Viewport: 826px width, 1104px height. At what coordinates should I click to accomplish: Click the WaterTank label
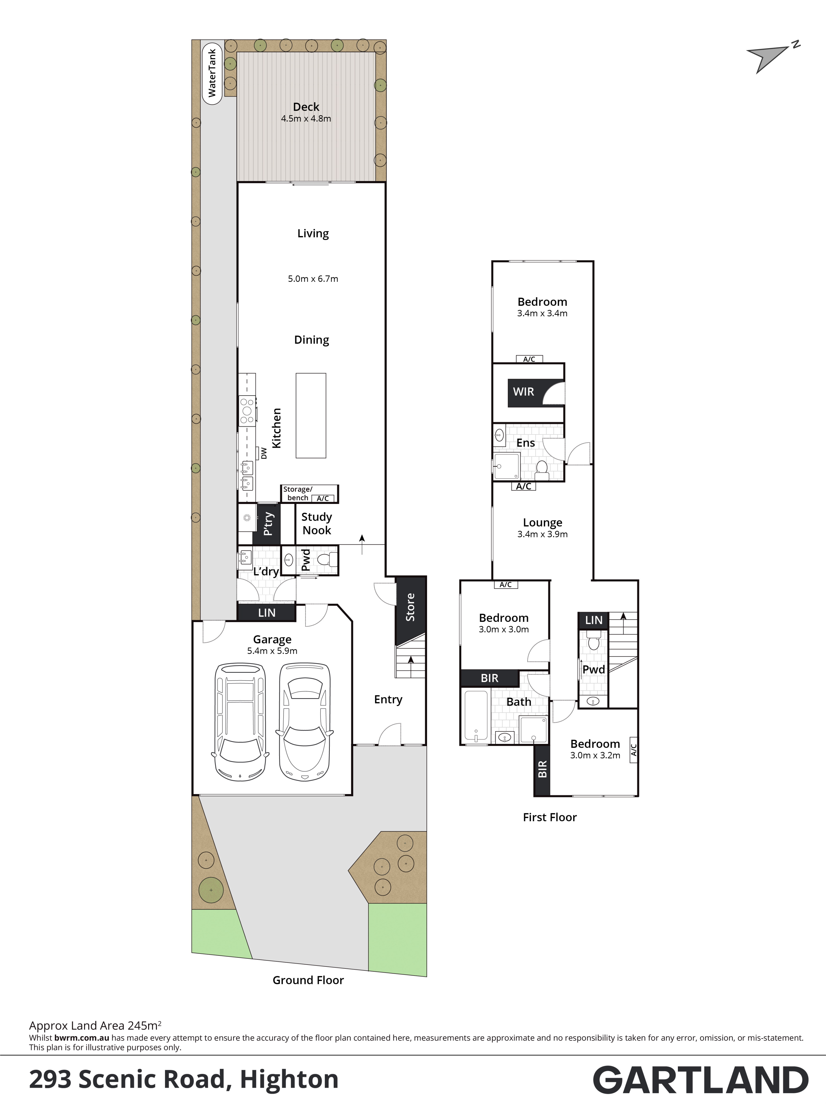click(x=212, y=73)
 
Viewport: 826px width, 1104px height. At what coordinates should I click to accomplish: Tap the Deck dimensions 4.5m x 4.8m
click(x=306, y=119)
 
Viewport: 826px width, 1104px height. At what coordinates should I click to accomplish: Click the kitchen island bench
click(x=311, y=415)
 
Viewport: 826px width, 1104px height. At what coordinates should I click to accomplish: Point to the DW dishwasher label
click(x=264, y=453)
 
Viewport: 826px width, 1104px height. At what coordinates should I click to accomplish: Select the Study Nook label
click(x=317, y=523)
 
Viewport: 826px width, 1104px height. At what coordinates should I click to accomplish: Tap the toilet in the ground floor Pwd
click(x=327, y=560)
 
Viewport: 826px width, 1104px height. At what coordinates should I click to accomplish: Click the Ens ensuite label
click(x=526, y=443)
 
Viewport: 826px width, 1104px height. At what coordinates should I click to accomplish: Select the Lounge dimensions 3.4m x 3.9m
click(x=542, y=534)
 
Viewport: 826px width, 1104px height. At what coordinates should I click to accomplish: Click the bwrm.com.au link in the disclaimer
click(x=82, y=1038)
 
